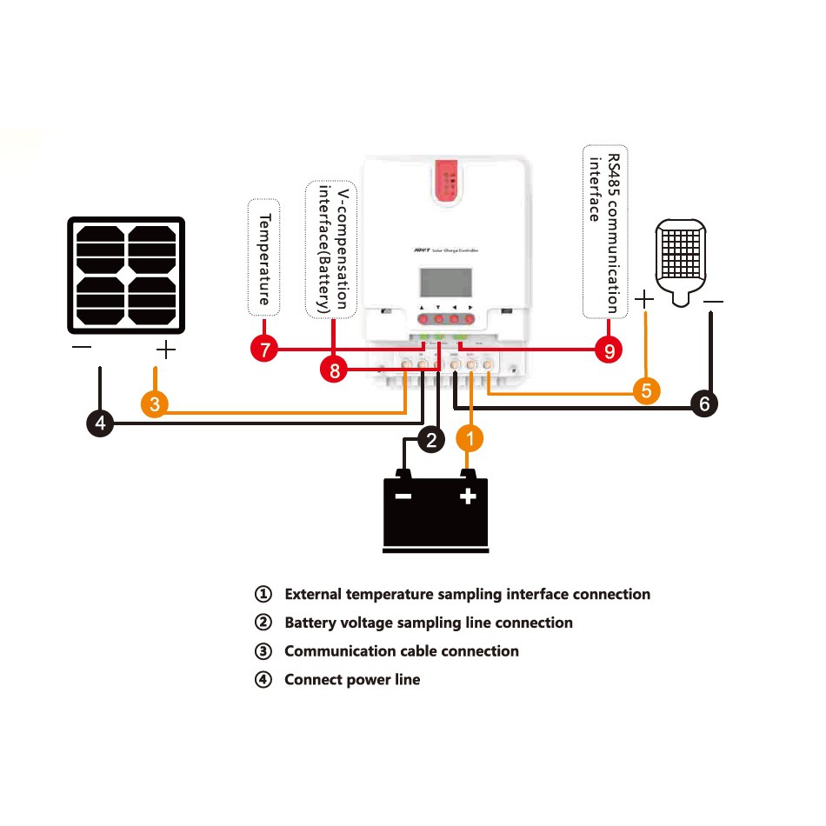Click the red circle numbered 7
coord(263,350)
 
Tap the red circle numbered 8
coord(332,370)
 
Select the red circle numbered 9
coord(609,350)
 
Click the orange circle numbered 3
coord(154,404)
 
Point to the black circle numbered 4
coord(101,424)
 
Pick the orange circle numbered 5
coord(645,390)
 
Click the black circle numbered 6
coord(704,403)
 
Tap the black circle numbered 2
coord(432,440)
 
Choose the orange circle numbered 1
coord(470,440)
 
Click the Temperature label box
coord(264,257)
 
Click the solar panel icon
coord(127,275)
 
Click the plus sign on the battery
coord(468,496)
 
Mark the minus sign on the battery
coord(403,496)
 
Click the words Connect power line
coord(352,680)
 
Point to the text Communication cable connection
coord(402,651)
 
